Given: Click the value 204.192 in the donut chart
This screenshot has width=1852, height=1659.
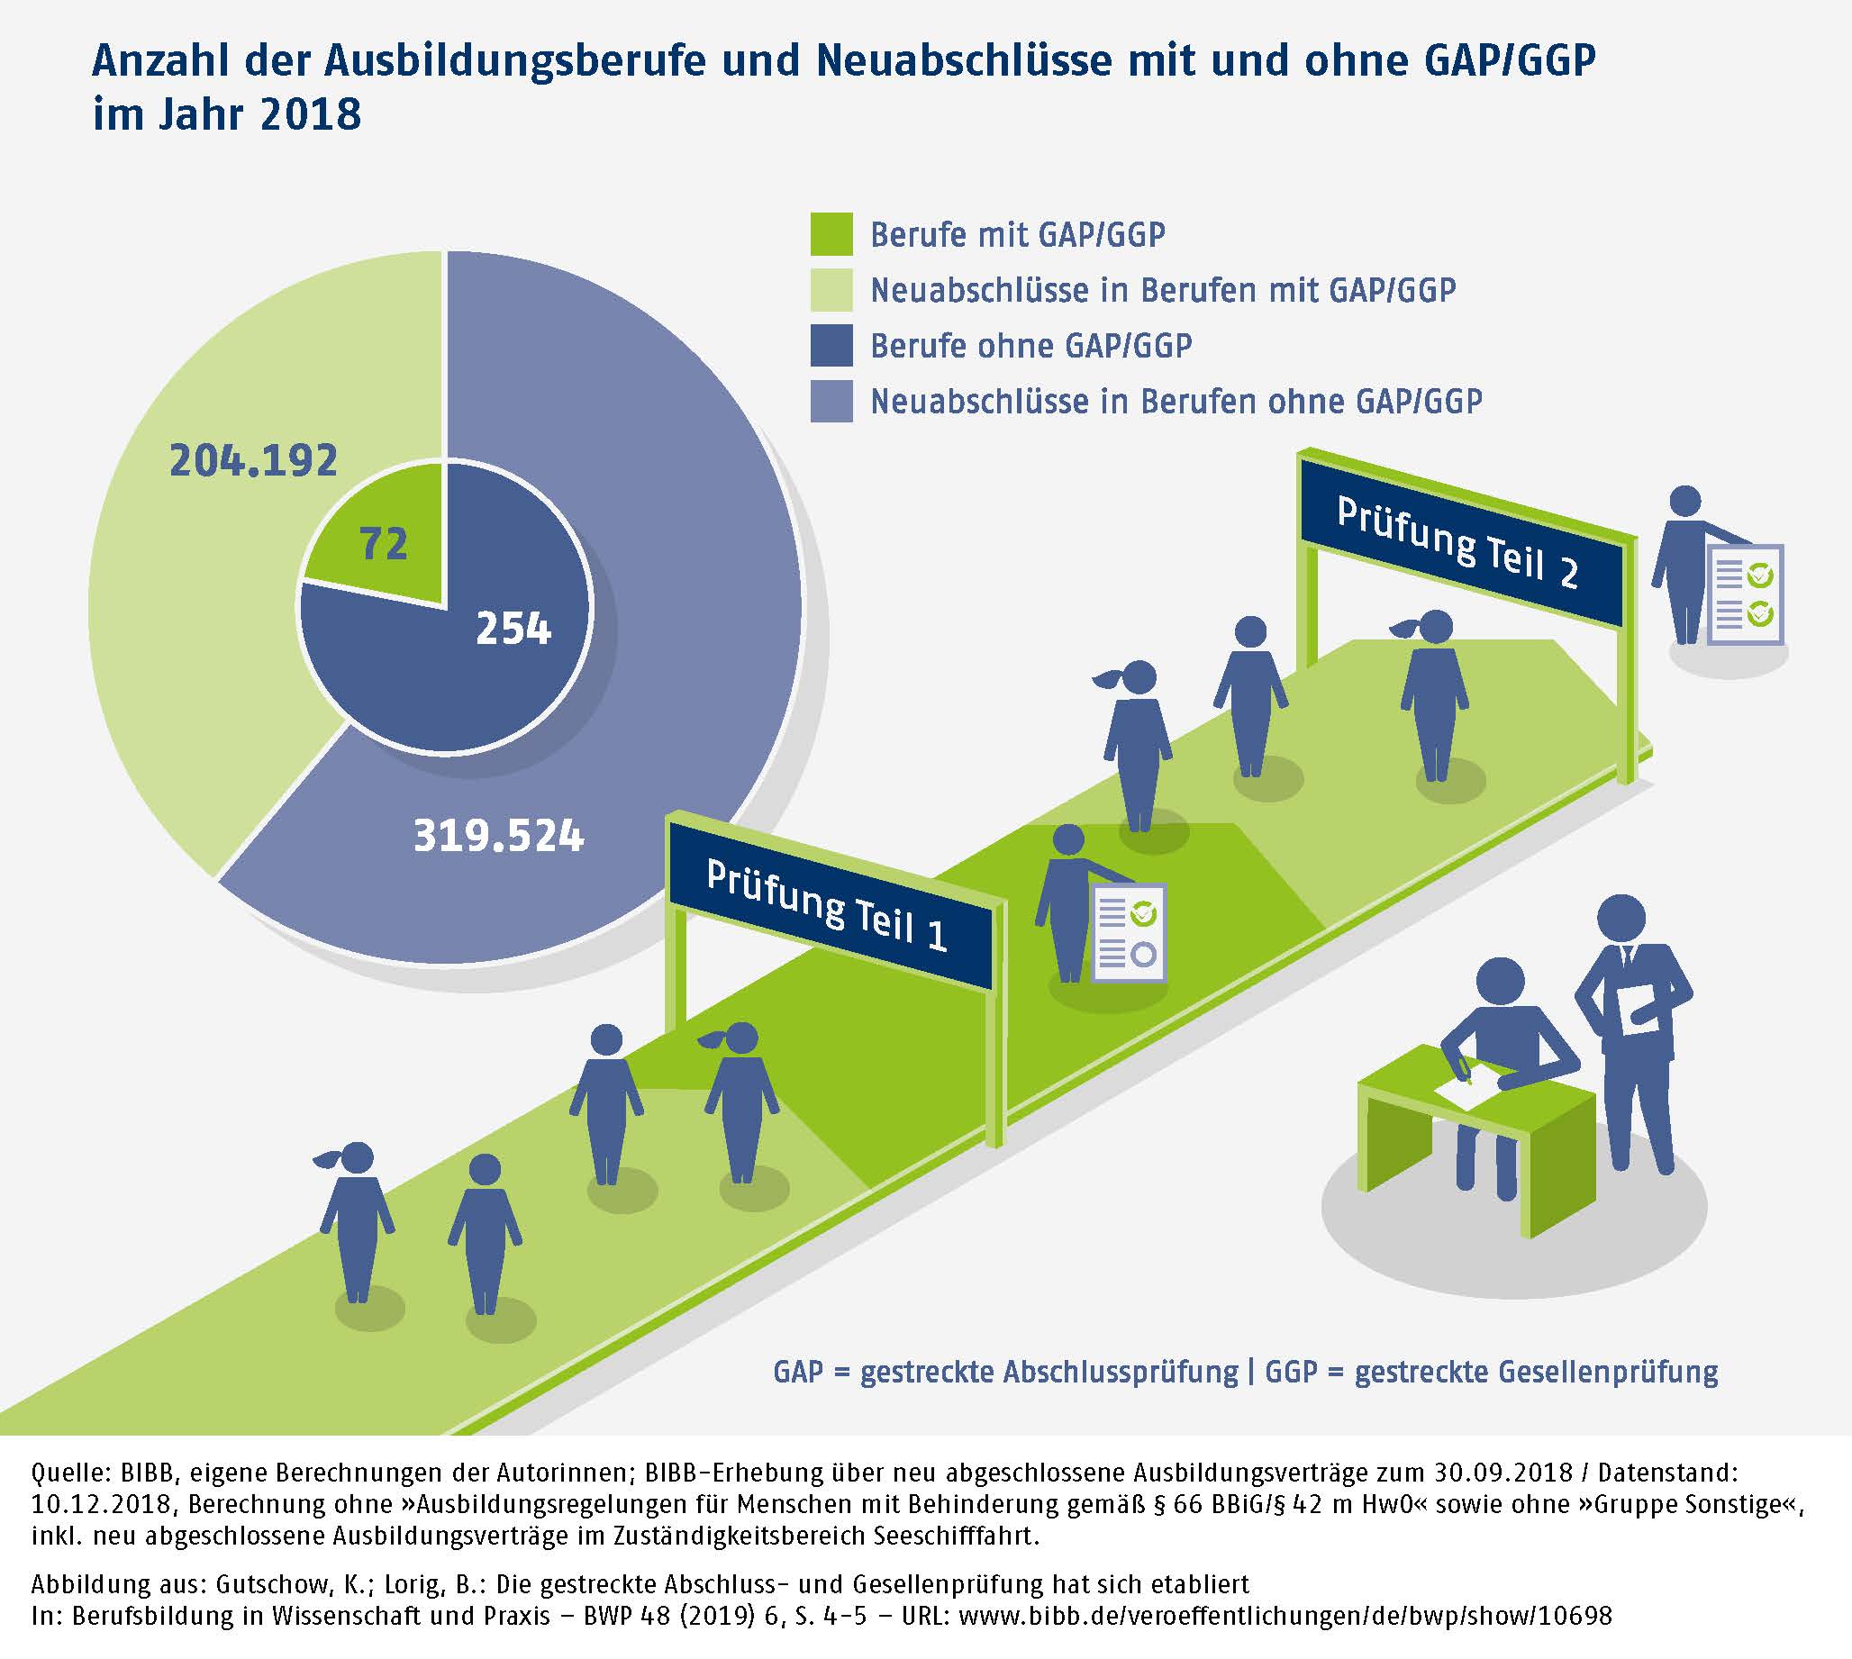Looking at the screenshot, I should (x=253, y=460).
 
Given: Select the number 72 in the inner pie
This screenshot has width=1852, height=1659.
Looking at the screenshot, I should (x=384, y=544).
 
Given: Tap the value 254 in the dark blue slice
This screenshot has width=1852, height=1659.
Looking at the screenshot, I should (x=513, y=629).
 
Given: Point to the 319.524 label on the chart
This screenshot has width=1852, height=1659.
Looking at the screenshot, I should (x=498, y=836).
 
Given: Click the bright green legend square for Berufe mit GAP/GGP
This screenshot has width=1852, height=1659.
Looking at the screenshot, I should (x=831, y=234).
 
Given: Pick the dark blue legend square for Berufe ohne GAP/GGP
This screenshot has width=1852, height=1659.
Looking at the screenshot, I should (x=831, y=346).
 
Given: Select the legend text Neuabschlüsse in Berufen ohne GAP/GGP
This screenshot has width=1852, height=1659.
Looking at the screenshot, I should (x=1176, y=401).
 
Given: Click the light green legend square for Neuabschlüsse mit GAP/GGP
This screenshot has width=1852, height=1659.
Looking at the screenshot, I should (x=831, y=290).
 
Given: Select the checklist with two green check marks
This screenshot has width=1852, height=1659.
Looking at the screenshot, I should (x=1745, y=594).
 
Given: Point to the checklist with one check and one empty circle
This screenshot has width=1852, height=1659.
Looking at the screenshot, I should (x=1130, y=932).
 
